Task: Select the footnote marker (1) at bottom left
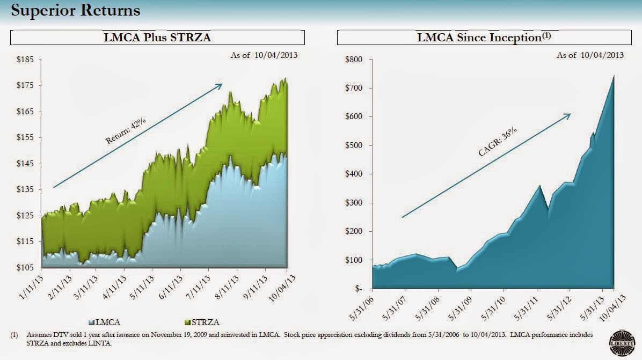14,335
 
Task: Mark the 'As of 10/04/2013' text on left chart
264,54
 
